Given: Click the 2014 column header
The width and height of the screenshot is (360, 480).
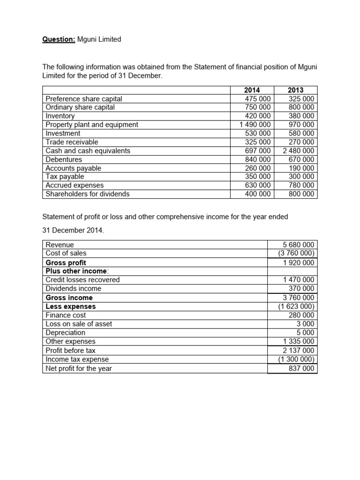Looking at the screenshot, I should coord(252,90).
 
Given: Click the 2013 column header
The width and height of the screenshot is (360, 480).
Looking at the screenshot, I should coord(295,90).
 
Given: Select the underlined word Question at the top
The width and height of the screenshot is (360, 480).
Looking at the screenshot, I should coord(59,39).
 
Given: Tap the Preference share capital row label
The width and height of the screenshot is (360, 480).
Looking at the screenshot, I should coord(83,99).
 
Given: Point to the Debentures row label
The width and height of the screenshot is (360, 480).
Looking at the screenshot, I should coord(64,159).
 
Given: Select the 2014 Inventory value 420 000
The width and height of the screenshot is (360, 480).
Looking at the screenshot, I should coord(258,116).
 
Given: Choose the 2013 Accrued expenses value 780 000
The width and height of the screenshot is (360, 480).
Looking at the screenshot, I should coord(301,185).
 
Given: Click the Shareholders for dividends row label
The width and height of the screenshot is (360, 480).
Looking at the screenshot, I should coord(87,194).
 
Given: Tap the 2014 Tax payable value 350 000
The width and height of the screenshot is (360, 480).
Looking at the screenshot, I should coord(258,177).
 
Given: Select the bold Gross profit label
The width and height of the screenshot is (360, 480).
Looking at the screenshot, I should coord(66,262).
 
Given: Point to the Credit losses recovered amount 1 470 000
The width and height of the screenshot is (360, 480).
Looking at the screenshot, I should coord(299,280).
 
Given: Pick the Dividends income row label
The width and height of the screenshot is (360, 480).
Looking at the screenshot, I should coord(73,289).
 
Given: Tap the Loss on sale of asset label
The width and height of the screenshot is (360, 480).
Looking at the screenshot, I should coord(79,324).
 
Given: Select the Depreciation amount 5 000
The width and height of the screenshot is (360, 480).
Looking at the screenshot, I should coord(305,333).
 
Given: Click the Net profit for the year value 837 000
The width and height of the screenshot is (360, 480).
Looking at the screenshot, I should coord(301,368).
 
